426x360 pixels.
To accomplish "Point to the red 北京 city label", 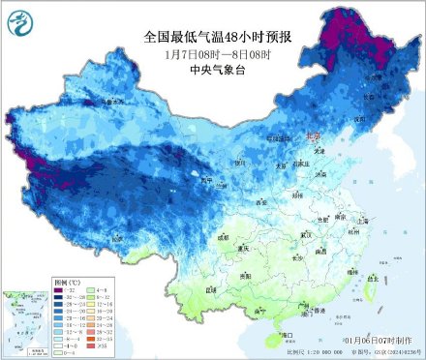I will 312,137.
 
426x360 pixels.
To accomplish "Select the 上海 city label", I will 363,220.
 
